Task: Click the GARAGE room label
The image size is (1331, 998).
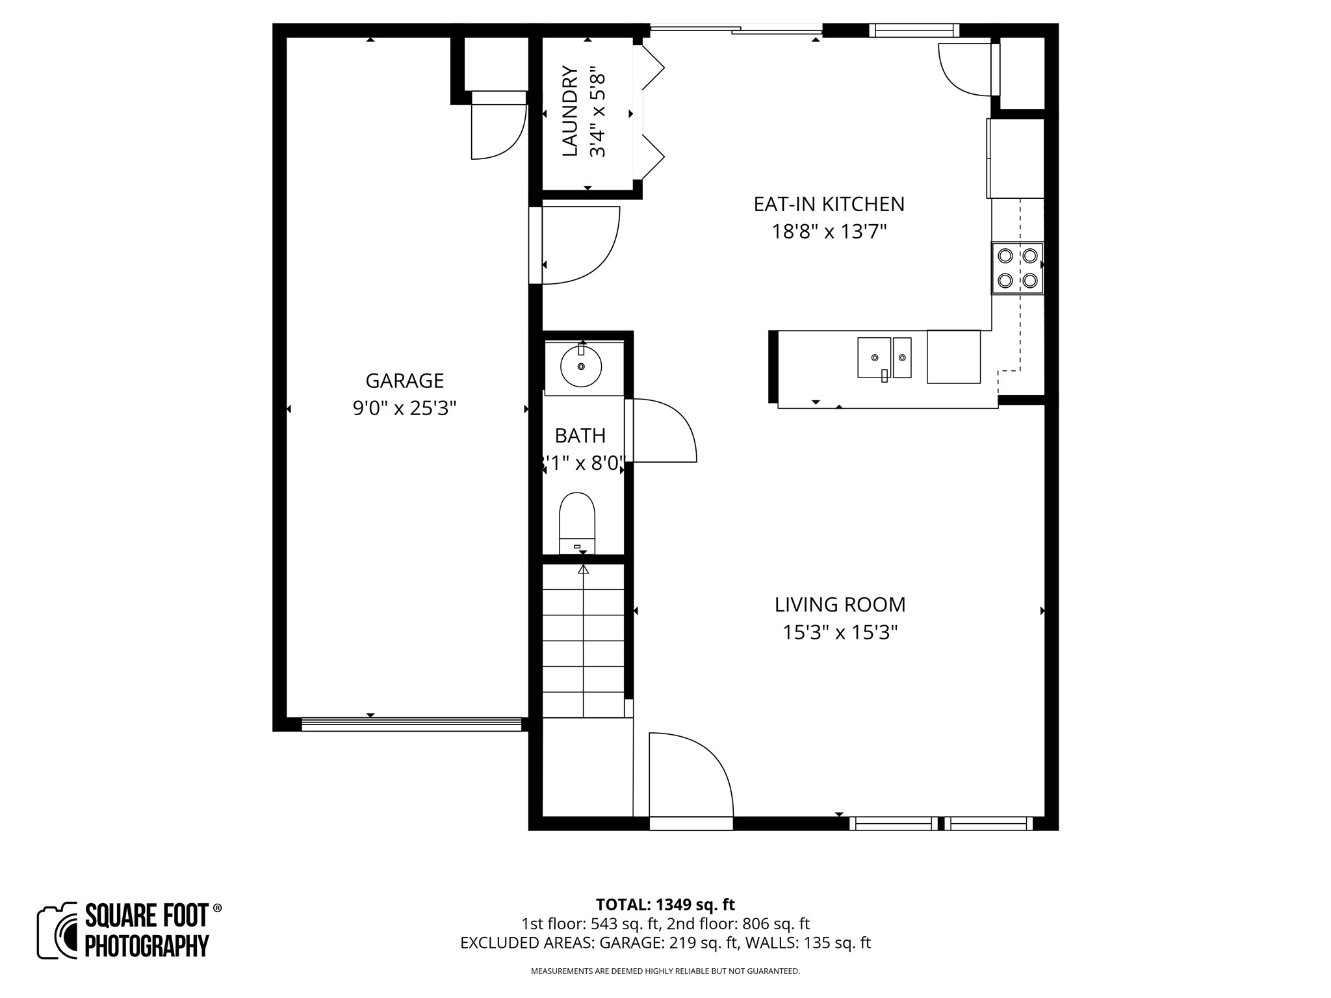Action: coord(404,380)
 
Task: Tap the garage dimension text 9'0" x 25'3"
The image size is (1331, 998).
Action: coord(404,409)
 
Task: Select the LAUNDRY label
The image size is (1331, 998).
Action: coord(569,111)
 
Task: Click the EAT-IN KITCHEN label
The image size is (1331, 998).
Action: coord(829,204)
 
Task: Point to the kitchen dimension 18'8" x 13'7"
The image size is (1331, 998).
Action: coord(829,232)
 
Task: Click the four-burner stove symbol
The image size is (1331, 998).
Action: coord(1017,268)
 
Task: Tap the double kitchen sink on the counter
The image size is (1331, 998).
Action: coord(884,358)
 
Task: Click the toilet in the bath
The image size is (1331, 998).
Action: coord(577,520)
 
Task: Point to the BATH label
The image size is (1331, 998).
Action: coord(580,435)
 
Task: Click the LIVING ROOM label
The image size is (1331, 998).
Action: coord(840,605)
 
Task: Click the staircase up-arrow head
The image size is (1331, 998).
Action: coord(583,570)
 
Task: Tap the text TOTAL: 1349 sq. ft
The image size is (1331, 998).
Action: coord(665,904)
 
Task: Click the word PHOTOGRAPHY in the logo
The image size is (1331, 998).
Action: coord(147,945)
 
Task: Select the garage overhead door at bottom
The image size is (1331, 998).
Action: coord(411,724)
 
